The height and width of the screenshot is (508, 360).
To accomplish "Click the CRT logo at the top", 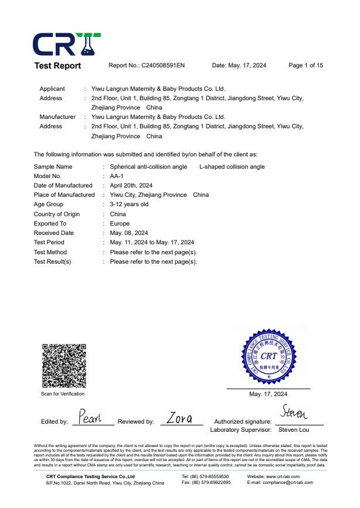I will pos(66,43).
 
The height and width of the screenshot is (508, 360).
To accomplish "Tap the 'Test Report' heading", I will pos(57,66).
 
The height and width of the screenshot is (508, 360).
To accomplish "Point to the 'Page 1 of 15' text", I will pos(305,66).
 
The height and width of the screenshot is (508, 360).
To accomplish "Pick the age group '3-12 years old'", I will pos(129,204).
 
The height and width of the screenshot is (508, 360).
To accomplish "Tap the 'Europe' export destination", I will pos(120,223).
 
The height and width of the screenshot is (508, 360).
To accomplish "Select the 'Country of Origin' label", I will pos(57,214).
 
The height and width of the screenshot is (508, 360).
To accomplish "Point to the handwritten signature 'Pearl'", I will pos(90,417).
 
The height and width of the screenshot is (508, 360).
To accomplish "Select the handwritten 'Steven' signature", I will pos(295,414).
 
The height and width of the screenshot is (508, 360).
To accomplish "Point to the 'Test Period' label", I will pos(49,242).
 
